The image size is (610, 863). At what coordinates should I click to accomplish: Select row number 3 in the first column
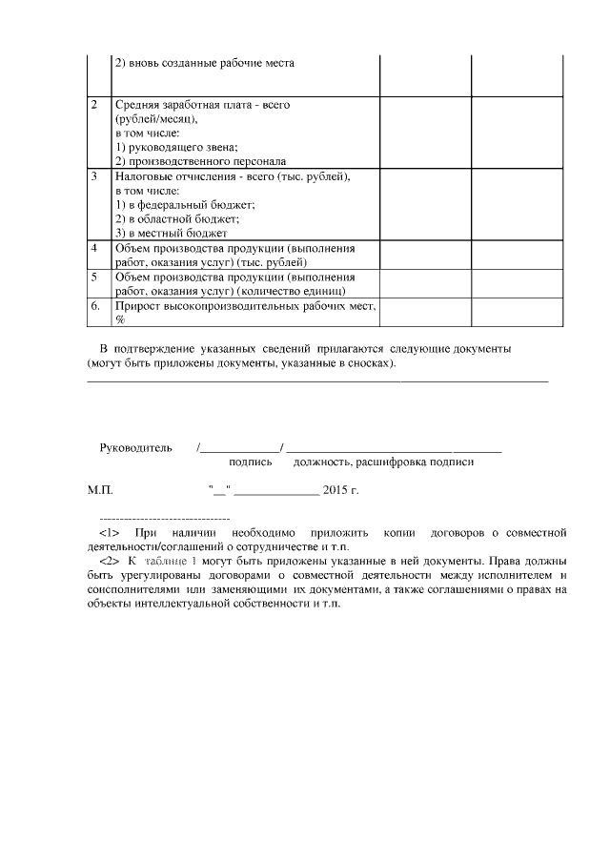(93, 176)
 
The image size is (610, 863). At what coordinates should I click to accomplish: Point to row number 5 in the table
(93, 277)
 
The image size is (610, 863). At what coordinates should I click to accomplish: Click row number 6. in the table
(95, 306)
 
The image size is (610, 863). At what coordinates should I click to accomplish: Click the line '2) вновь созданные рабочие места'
(204, 63)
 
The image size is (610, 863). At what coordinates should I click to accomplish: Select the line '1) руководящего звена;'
(175, 147)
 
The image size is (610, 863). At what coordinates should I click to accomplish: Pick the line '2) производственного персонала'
(200, 161)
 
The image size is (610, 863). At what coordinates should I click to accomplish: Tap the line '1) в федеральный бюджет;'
(185, 205)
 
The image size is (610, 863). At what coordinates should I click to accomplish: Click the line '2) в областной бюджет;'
(176, 218)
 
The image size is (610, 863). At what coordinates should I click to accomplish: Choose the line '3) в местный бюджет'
(171, 233)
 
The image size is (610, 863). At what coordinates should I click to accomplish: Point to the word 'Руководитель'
(135, 446)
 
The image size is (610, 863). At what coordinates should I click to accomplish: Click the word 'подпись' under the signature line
(251, 462)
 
